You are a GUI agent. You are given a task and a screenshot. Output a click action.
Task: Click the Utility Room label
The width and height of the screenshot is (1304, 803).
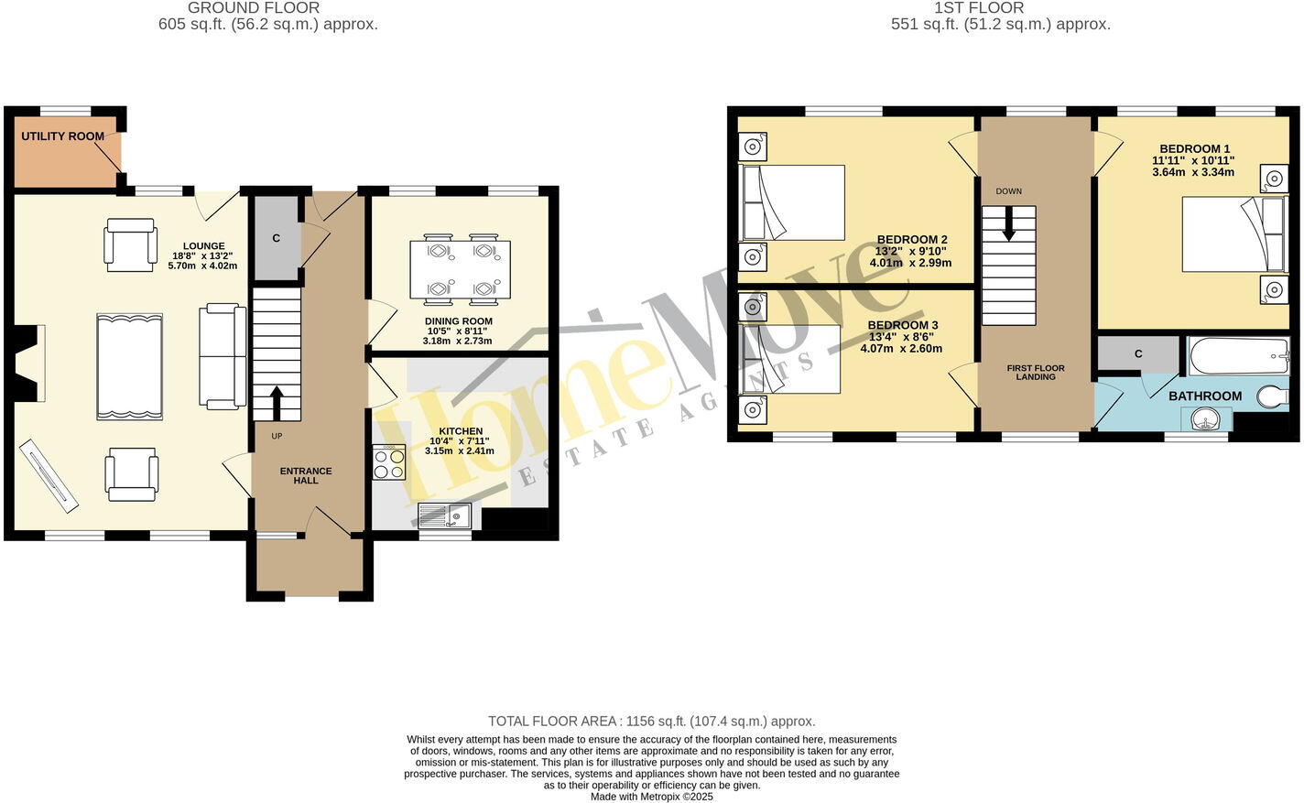(x=63, y=136)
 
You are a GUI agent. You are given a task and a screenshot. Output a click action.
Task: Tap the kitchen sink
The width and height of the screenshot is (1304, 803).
(x=444, y=515)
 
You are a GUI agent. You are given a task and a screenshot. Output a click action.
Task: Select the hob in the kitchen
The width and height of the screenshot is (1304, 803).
(x=389, y=462)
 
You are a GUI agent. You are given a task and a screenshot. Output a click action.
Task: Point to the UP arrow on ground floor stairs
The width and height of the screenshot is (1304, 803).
(x=276, y=402)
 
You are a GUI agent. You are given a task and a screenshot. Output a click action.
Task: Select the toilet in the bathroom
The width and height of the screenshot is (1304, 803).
(x=1274, y=396)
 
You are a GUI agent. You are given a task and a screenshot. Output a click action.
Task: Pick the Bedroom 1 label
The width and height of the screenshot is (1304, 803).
(x=1194, y=148)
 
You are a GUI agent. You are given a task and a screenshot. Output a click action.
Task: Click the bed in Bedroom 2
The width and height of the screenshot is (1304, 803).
(x=793, y=202)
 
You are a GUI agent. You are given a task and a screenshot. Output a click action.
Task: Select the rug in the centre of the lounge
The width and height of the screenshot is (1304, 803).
(x=129, y=365)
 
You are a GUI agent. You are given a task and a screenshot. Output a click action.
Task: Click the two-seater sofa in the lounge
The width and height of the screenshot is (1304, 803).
(x=223, y=355)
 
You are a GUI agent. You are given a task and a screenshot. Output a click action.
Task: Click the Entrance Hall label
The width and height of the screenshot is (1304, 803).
(x=306, y=475)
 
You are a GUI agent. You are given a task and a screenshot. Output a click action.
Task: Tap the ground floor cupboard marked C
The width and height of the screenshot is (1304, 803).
(x=276, y=238)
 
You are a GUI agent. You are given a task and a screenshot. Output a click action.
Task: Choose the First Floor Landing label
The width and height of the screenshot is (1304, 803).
(x=1036, y=372)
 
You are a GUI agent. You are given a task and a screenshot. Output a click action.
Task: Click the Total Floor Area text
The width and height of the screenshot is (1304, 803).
(x=651, y=722)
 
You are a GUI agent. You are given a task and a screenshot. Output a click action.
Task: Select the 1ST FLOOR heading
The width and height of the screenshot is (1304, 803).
(x=966, y=8)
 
